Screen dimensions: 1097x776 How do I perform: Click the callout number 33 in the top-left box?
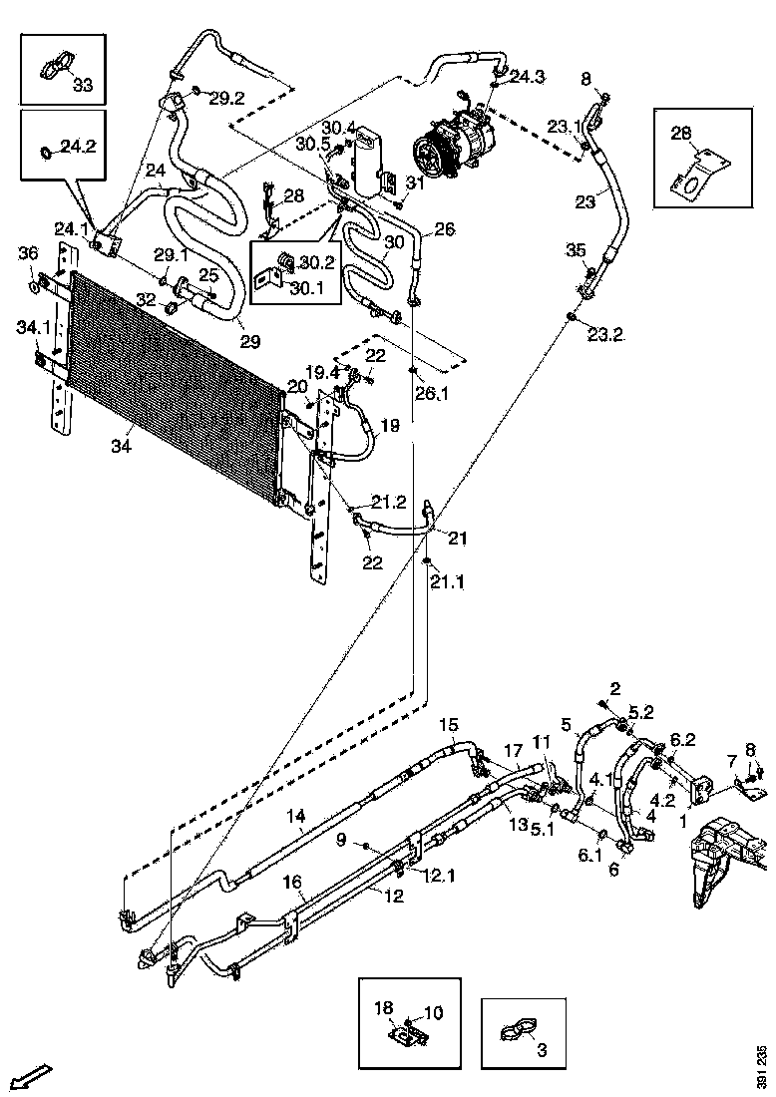click(x=82, y=86)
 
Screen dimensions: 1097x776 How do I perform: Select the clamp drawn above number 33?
click(x=54, y=68)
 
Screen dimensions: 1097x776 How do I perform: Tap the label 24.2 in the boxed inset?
click(x=77, y=146)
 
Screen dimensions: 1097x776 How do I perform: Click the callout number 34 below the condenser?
click(x=121, y=446)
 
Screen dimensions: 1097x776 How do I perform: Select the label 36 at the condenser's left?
click(x=27, y=253)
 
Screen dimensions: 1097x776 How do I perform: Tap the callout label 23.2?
click(x=604, y=335)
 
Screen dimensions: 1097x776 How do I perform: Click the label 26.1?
click(x=432, y=393)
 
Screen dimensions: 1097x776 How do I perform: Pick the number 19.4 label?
click(x=322, y=372)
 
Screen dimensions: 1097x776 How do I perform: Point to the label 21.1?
click(x=448, y=581)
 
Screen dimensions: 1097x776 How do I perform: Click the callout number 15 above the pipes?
click(x=449, y=724)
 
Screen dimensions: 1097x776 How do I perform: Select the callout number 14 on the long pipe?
click(x=296, y=816)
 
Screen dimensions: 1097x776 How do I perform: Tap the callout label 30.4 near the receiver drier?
click(x=339, y=127)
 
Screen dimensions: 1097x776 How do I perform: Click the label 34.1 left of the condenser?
click(x=32, y=327)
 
